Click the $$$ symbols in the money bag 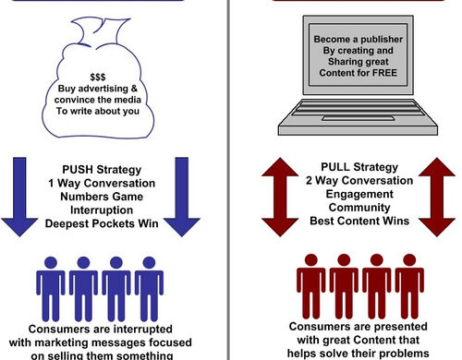click(x=98, y=77)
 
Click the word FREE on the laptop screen click(x=384, y=73)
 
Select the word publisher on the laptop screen click(x=382, y=40)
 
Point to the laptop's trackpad click(x=358, y=119)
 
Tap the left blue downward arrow click(x=19, y=197)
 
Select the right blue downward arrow click(x=182, y=197)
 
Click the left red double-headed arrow click(x=280, y=197)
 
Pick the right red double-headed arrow click(x=437, y=197)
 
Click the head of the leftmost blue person click(x=51, y=263)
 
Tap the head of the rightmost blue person click(x=149, y=263)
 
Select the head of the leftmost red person click(x=311, y=260)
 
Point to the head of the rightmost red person click(x=409, y=260)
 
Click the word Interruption click(x=102, y=210)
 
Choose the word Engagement click(x=359, y=194)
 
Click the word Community click(x=359, y=208)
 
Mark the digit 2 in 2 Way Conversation click(x=309, y=180)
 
